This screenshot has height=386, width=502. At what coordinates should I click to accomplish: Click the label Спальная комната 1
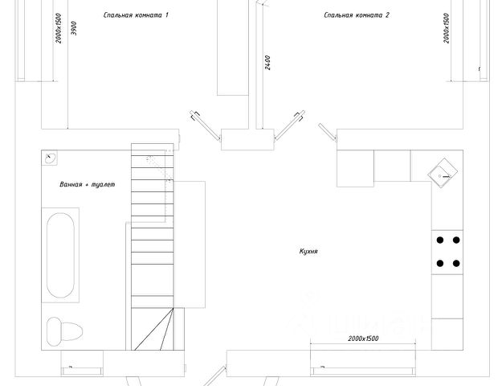137,15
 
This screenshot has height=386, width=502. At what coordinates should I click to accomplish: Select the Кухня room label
308,251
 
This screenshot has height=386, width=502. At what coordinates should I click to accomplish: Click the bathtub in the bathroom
61,255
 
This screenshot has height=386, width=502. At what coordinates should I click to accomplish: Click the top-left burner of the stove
440,239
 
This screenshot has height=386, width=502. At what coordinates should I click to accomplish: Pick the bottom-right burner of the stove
457,262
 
